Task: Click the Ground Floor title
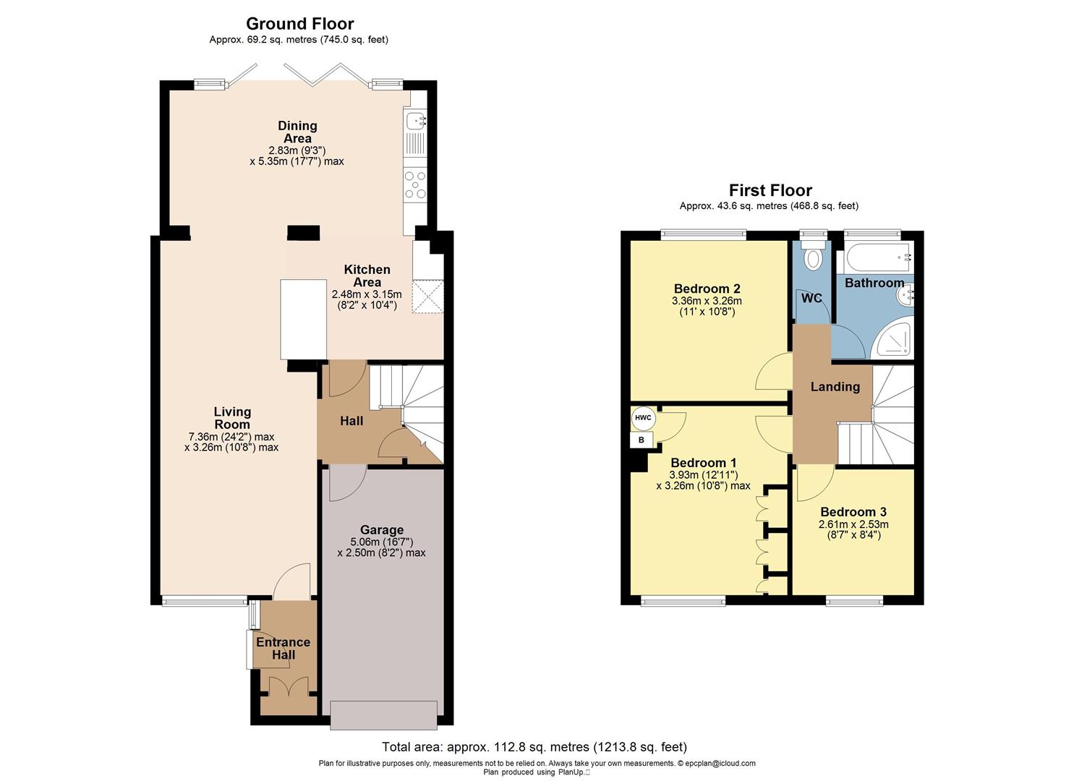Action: point(299,24)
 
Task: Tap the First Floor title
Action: point(770,190)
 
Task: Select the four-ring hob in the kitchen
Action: point(415,184)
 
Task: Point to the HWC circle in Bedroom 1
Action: point(642,418)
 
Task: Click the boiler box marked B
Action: point(641,440)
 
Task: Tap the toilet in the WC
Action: point(814,257)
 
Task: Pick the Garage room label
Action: point(381,530)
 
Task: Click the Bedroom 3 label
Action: point(853,512)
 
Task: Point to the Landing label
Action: point(835,387)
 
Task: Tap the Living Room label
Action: point(231,418)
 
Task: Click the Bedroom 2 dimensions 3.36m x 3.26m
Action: point(707,301)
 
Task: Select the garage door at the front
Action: point(383,714)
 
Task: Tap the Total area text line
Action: point(534,747)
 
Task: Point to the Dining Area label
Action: point(297,132)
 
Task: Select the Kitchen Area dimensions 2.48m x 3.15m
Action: point(366,294)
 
